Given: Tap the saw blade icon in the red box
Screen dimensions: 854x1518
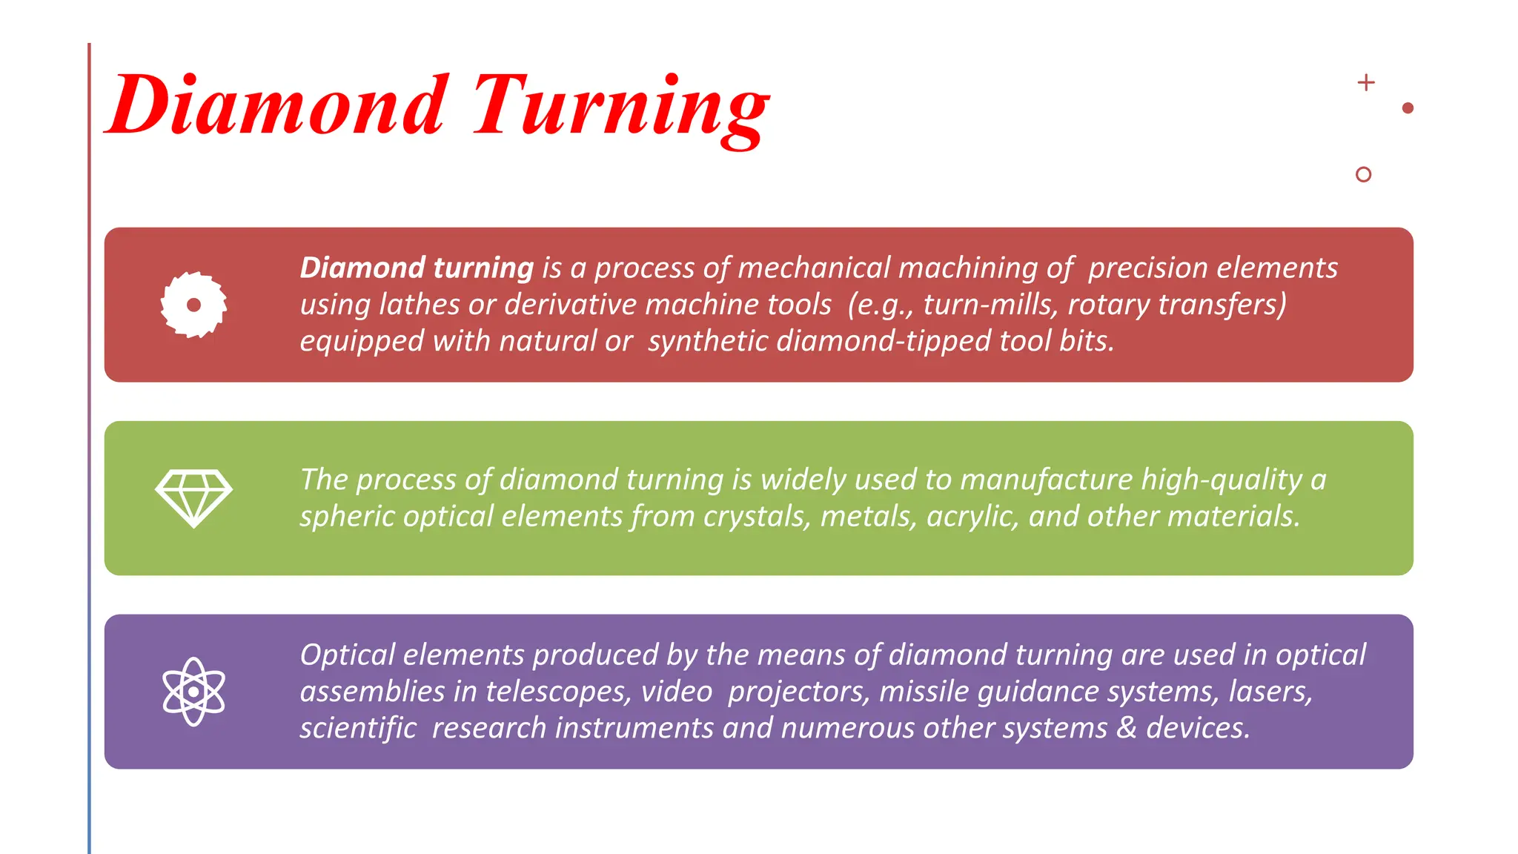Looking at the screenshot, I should (x=193, y=305).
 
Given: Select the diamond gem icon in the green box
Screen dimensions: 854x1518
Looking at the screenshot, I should (x=193, y=497).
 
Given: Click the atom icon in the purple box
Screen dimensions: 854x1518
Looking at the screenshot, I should (x=193, y=692).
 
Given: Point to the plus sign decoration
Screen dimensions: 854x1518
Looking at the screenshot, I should (x=1366, y=82).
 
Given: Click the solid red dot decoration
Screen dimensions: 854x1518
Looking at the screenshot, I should (x=1408, y=108).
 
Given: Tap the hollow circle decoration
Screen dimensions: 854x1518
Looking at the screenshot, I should (x=1363, y=174).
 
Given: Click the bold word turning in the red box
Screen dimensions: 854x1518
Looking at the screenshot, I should (x=483, y=268).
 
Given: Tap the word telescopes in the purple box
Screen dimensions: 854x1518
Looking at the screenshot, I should (x=558, y=692).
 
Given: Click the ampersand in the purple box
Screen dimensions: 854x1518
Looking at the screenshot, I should (x=1127, y=728).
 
